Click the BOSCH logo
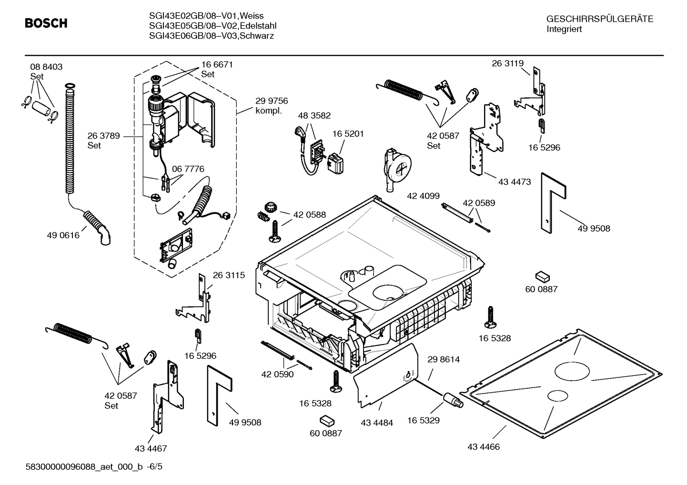46,23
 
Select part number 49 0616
63,235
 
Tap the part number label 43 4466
484,447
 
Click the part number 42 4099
423,196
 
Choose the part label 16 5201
348,134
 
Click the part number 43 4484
377,423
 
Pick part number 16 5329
423,420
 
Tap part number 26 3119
507,63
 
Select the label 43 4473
515,182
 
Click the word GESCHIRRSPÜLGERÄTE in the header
599,20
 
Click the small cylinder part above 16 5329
453,400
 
